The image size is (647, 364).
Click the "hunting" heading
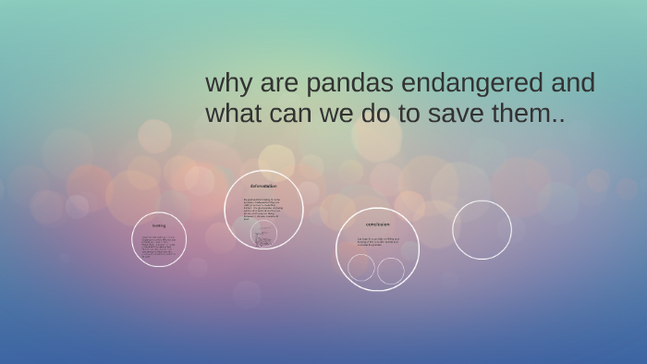[159, 225]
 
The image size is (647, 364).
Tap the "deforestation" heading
[263, 186]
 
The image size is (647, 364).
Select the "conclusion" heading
[377, 224]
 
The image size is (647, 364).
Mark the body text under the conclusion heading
[377, 242]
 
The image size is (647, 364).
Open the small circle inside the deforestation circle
[263, 234]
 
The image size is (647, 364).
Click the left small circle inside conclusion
[361, 267]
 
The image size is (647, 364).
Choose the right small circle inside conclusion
[391, 271]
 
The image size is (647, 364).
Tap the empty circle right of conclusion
[482, 230]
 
